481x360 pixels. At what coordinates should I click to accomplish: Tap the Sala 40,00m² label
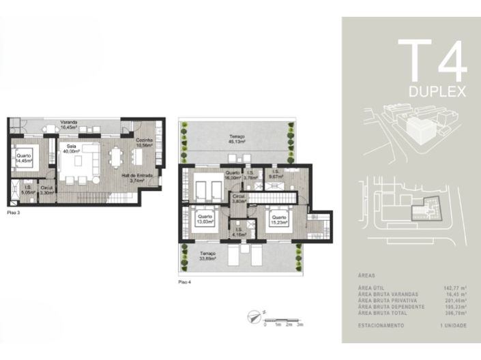click(71, 149)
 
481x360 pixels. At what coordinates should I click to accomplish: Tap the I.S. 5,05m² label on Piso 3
click(28, 190)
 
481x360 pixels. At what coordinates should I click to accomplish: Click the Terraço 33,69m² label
click(208, 256)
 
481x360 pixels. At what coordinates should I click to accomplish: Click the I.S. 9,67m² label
click(276, 174)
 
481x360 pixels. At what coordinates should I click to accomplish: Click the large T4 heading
click(432, 62)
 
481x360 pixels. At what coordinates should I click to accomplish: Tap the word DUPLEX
click(438, 91)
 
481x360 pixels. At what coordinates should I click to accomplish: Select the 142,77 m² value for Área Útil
click(454, 288)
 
